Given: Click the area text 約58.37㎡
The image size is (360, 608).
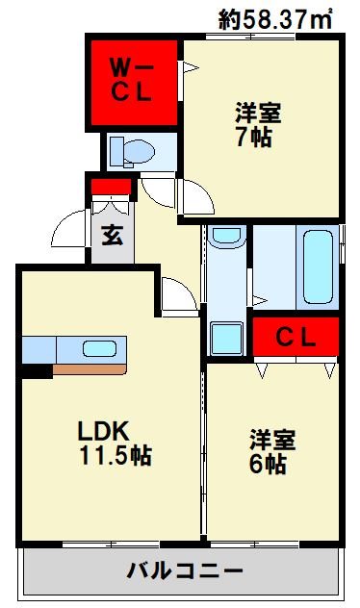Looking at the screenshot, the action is coord(275,18).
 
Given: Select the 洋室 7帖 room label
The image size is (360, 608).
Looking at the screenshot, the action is coord(257,124).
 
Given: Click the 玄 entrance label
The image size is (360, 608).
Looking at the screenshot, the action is coord(113,235).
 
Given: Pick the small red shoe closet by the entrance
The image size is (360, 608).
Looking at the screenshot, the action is coord(112,187).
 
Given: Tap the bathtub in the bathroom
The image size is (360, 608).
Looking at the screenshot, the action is coord(318,266).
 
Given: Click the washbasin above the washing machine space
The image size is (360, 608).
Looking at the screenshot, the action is coord(227,235).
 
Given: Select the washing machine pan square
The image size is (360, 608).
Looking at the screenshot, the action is coord(227,338).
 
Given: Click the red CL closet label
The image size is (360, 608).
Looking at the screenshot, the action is coord(296,338).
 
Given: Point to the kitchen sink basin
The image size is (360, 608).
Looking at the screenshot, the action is coord(100,349).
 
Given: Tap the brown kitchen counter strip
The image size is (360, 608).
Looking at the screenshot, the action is coord(90,369).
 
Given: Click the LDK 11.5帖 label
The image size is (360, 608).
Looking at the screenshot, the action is coord(115,443).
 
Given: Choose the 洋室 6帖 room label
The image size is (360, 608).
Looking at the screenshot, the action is coord(271,452).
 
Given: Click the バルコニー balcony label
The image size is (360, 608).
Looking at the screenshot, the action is coord(185,570).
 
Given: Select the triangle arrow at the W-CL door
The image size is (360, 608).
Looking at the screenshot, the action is coord(191,68).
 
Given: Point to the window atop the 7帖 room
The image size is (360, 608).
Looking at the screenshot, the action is coord(250,37).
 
